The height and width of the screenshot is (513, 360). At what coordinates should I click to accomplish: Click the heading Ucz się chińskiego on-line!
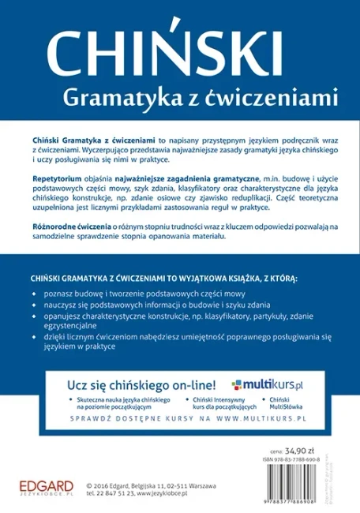[x=141, y=387]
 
